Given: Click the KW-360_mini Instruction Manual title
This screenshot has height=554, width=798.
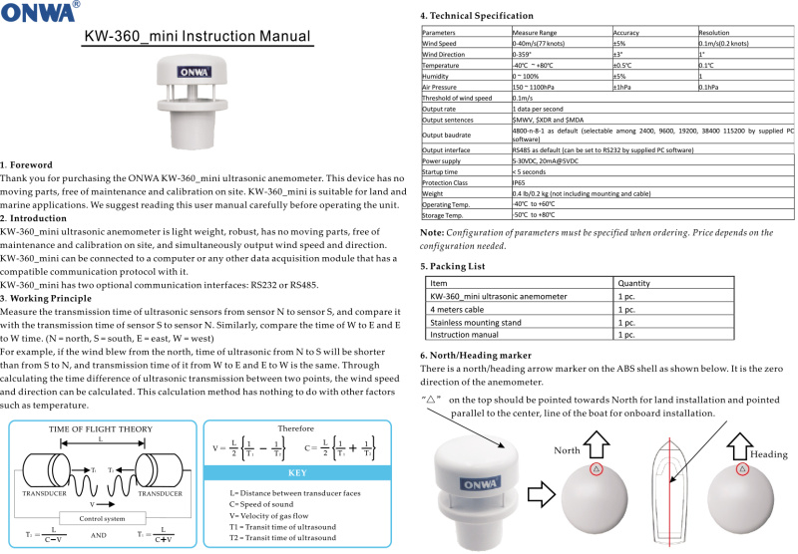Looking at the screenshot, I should point(197,37).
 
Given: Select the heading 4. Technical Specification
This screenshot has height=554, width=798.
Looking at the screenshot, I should point(490,16).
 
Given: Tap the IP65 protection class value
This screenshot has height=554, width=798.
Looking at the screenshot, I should point(520,181).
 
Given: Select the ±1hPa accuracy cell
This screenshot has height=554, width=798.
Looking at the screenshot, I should point(625,87).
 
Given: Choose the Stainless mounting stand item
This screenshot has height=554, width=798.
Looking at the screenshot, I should point(475,322).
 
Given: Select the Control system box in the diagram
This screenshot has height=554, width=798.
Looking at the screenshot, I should point(100,518).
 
